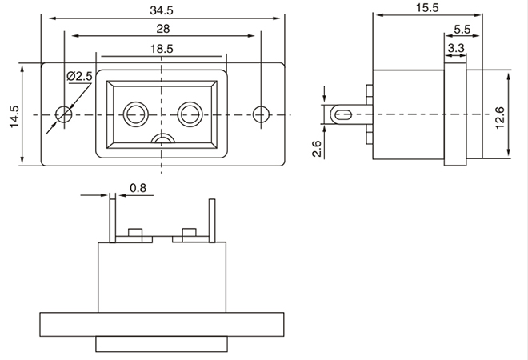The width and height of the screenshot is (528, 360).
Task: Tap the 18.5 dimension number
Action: point(162,48)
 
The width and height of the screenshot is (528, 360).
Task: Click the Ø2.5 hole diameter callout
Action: point(81,76)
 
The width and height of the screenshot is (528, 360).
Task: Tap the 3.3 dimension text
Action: point(456,49)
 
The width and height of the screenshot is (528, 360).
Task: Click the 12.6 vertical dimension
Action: point(500,117)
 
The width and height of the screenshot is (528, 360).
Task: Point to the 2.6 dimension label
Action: point(318,148)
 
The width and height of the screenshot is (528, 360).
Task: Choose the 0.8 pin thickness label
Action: point(138,189)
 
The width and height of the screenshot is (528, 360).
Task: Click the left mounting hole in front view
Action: point(63,114)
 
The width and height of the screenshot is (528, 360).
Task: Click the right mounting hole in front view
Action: point(261,114)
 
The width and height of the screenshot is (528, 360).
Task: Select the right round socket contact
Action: point(190,112)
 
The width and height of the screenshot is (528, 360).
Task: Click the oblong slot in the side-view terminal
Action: point(346,114)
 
